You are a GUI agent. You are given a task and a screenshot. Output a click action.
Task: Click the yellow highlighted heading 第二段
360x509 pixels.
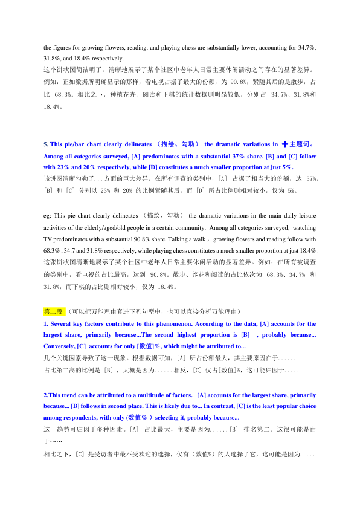(x=54, y=311)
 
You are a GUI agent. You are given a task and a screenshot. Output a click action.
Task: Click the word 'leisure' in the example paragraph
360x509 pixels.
(x=304, y=215)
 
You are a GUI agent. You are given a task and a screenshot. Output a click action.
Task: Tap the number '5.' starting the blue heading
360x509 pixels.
(x=47, y=144)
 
